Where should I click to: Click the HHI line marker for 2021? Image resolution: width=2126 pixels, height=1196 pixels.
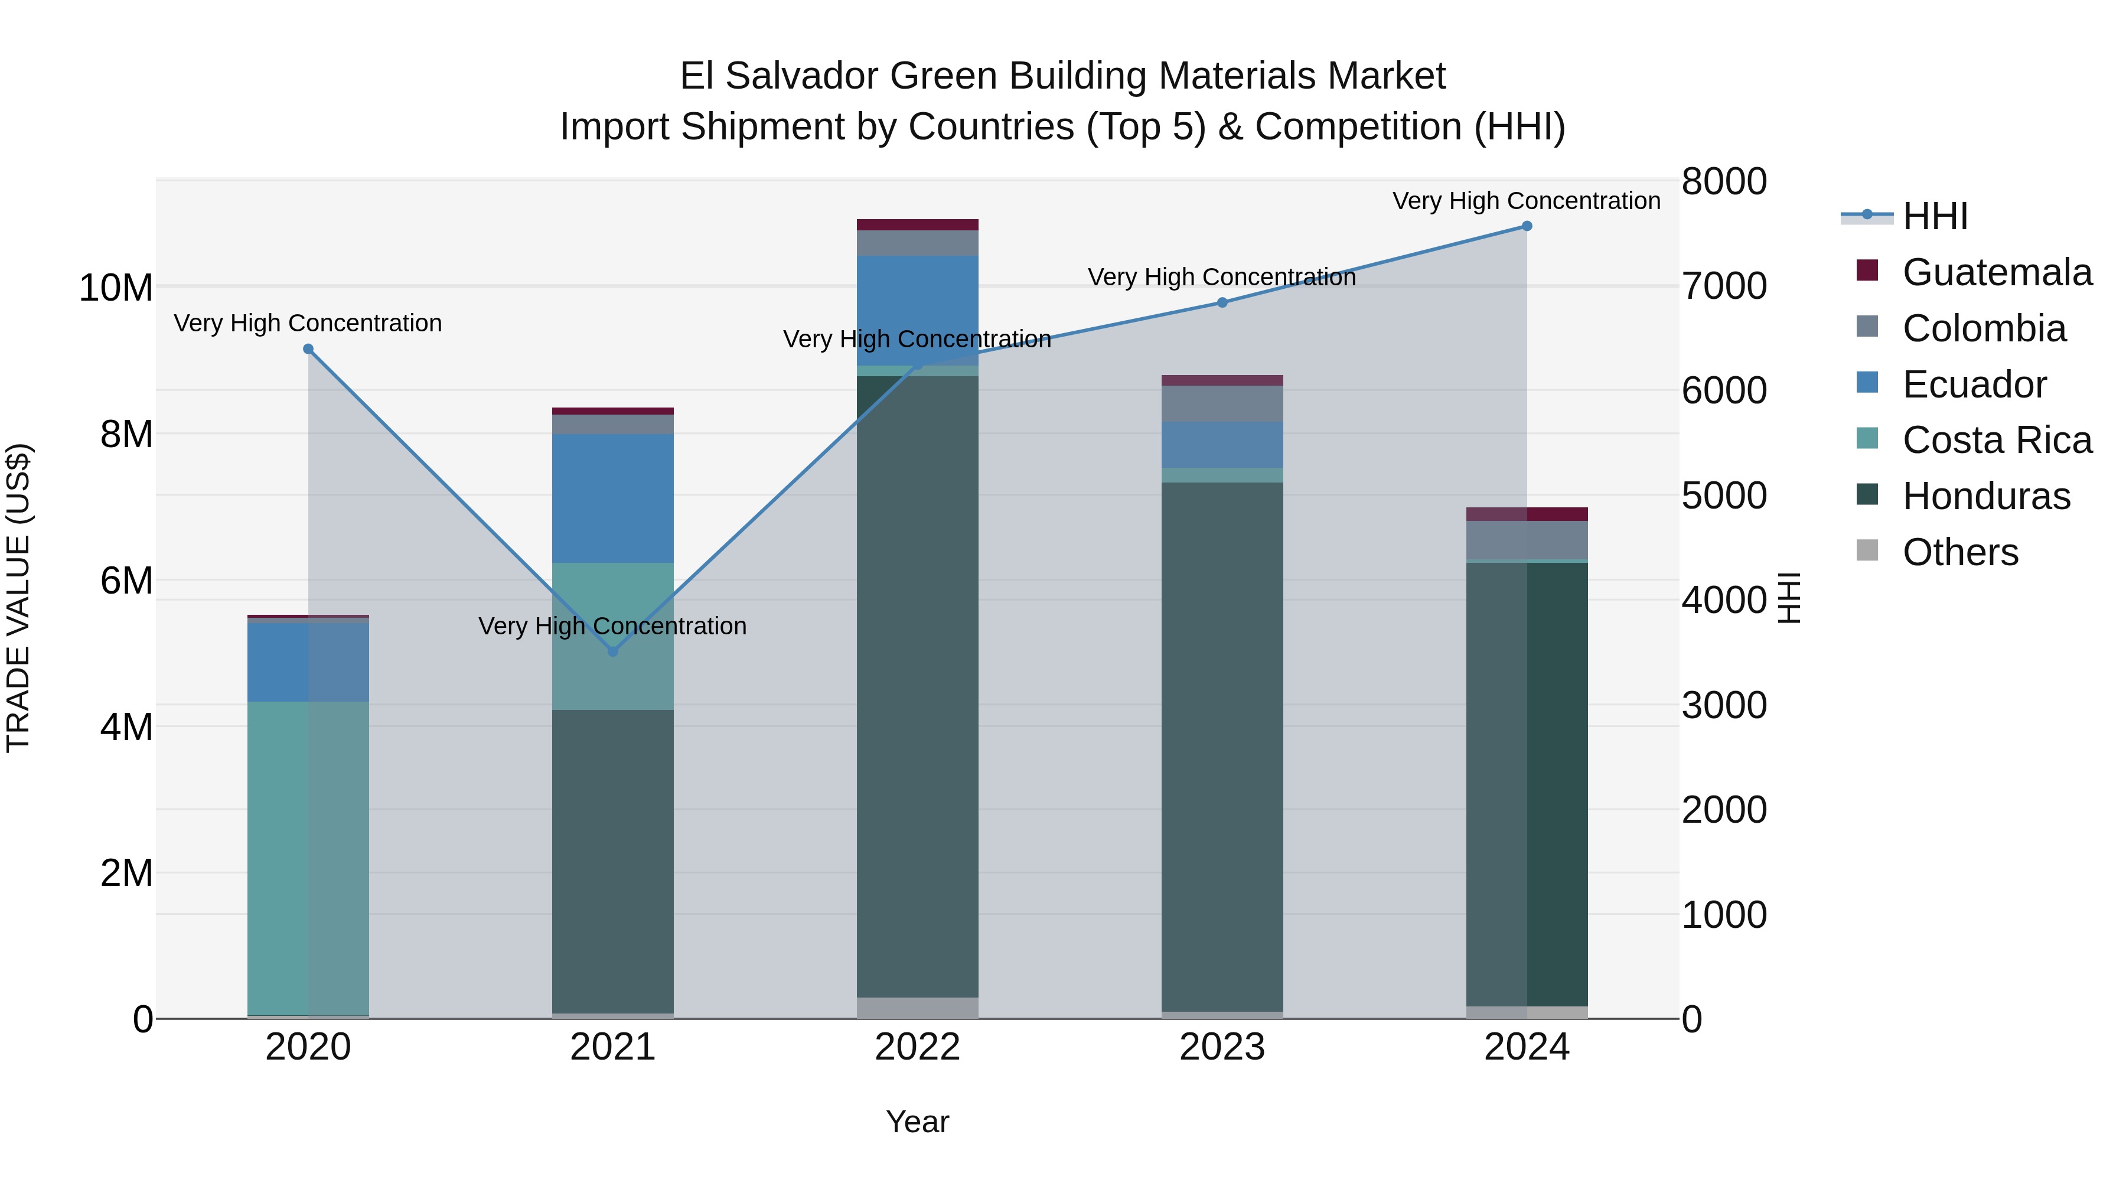tap(612, 651)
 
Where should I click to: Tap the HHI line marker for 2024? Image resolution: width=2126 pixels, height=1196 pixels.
tap(1526, 226)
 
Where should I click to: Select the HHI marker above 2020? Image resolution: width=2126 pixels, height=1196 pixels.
tap(308, 349)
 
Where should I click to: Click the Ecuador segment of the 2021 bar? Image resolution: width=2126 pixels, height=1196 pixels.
tap(612, 498)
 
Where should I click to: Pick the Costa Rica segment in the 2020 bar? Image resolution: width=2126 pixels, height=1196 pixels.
tap(308, 858)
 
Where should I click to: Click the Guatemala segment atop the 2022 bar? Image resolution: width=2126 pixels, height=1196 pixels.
tap(917, 224)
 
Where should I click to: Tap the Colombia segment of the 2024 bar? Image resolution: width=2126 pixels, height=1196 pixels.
tap(1526, 540)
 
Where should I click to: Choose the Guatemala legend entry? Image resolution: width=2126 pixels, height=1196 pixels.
tap(1997, 272)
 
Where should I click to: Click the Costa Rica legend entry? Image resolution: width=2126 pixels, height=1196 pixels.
tap(1997, 440)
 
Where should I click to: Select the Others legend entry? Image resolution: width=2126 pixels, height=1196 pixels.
tap(1959, 552)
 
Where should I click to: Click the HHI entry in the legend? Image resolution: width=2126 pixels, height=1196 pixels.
tap(1935, 216)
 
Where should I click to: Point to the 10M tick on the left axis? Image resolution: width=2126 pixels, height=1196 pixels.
tap(116, 288)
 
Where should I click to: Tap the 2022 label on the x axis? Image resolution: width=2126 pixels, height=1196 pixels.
tap(917, 1047)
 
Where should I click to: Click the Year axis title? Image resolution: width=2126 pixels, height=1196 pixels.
tap(917, 1122)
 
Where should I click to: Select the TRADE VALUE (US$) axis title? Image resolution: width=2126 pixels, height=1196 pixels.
tap(18, 598)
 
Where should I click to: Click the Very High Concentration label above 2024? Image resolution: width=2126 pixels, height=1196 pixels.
tap(1526, 201)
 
